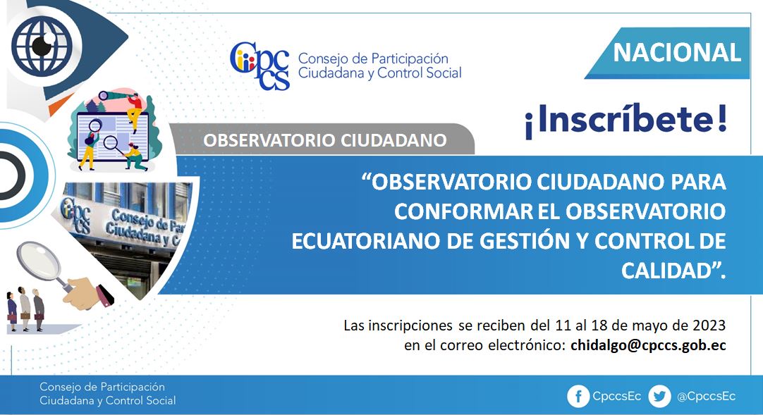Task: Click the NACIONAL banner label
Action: pos(676,52)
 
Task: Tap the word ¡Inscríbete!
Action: pos(625,120)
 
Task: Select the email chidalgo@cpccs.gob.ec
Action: pos(648,345)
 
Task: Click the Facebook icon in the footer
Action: pos(578,397)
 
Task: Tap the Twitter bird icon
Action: pos(660,397)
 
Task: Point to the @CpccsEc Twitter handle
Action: pos(706,397)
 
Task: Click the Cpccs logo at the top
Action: pos(260,66)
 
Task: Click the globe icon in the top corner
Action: pos(42,45)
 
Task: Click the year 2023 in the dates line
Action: pos(709,325)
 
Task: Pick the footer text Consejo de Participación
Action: pos(102,387)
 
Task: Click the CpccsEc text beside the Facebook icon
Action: pos(616,396)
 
